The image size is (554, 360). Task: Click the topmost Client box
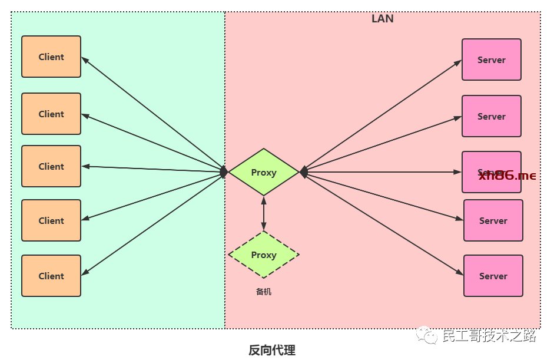pyautogui.click(x=51, y=57)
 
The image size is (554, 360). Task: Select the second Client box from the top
pyautogui.click(x=51, y=114)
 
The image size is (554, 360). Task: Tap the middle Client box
pyautogui.click(x=51, y=166)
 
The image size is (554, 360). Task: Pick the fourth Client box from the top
pyautogui.click(x=51, y=220)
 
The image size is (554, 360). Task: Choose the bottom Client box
pyautogui.click(x=51, y=276)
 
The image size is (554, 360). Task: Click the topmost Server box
pyautogui.click(x=492, y=60)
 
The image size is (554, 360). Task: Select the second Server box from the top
pyautogui.click(x=492, y=116)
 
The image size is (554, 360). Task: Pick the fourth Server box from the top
pyautogui.click(x=493, y=220)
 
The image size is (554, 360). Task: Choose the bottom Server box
pyautogui.click(x=493, y=276)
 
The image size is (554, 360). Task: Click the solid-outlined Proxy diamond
pyautogui.click(x=263, y=172)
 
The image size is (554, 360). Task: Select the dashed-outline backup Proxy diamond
pyautogui.click(x=263, y=255)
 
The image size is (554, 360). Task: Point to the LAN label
pyautogui.click(x=382, y=19)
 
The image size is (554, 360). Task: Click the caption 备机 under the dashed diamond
pyautogui.click(x=263, y=292)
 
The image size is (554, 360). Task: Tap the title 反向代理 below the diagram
pyautogui.click(x=271, y=350)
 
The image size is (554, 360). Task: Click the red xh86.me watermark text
pyautogui.click(x=507, y=176)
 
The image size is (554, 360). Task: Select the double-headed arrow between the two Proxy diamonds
pyautogui.click(x=263, y=213)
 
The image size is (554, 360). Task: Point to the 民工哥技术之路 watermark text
pyautogui.click(x=489, y=336)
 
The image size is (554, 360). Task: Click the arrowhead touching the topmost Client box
pyautogui.click(x=85, y=59)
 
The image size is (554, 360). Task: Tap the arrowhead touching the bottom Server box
pyautogui.click(x=460, y=273)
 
